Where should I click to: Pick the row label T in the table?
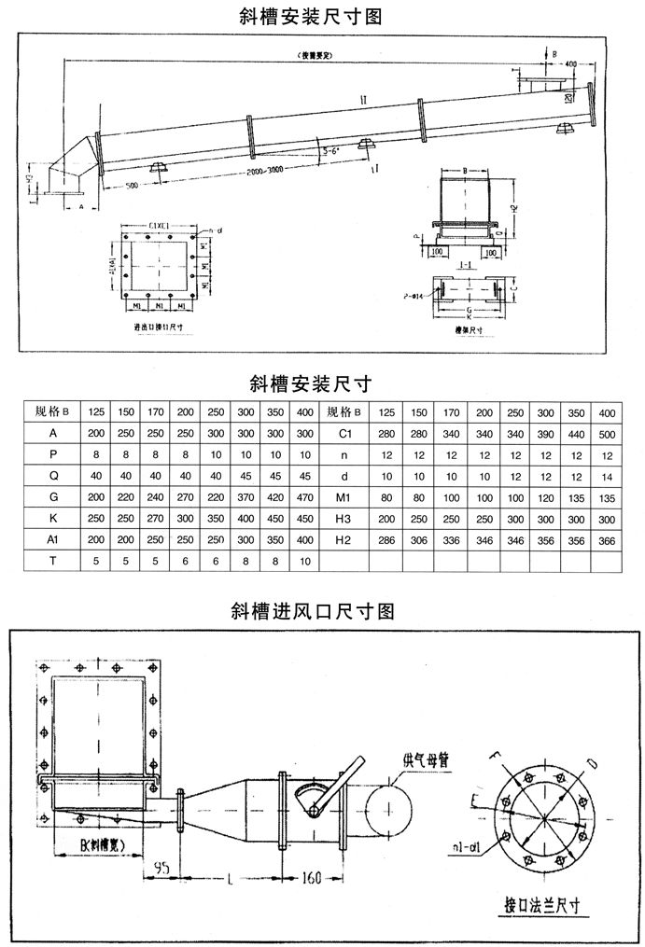click(53, 561)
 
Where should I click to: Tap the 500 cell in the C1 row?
click(606, 433)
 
